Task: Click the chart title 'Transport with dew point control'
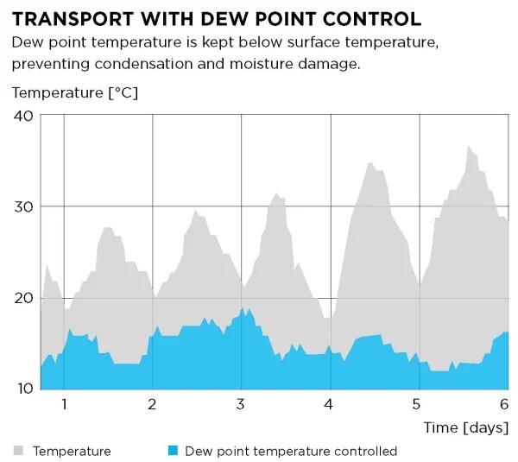click(217, 18)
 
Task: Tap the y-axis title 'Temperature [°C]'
click(75, 92)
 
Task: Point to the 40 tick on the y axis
click(23, 116)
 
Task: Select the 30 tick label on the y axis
click(23, 207)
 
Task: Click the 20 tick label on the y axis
click(23, 298)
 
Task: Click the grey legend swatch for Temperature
click(18, 451)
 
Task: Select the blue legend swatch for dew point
click(172, 451)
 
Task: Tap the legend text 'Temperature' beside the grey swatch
click(72, 451)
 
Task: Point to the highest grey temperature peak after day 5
click(469, 147)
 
